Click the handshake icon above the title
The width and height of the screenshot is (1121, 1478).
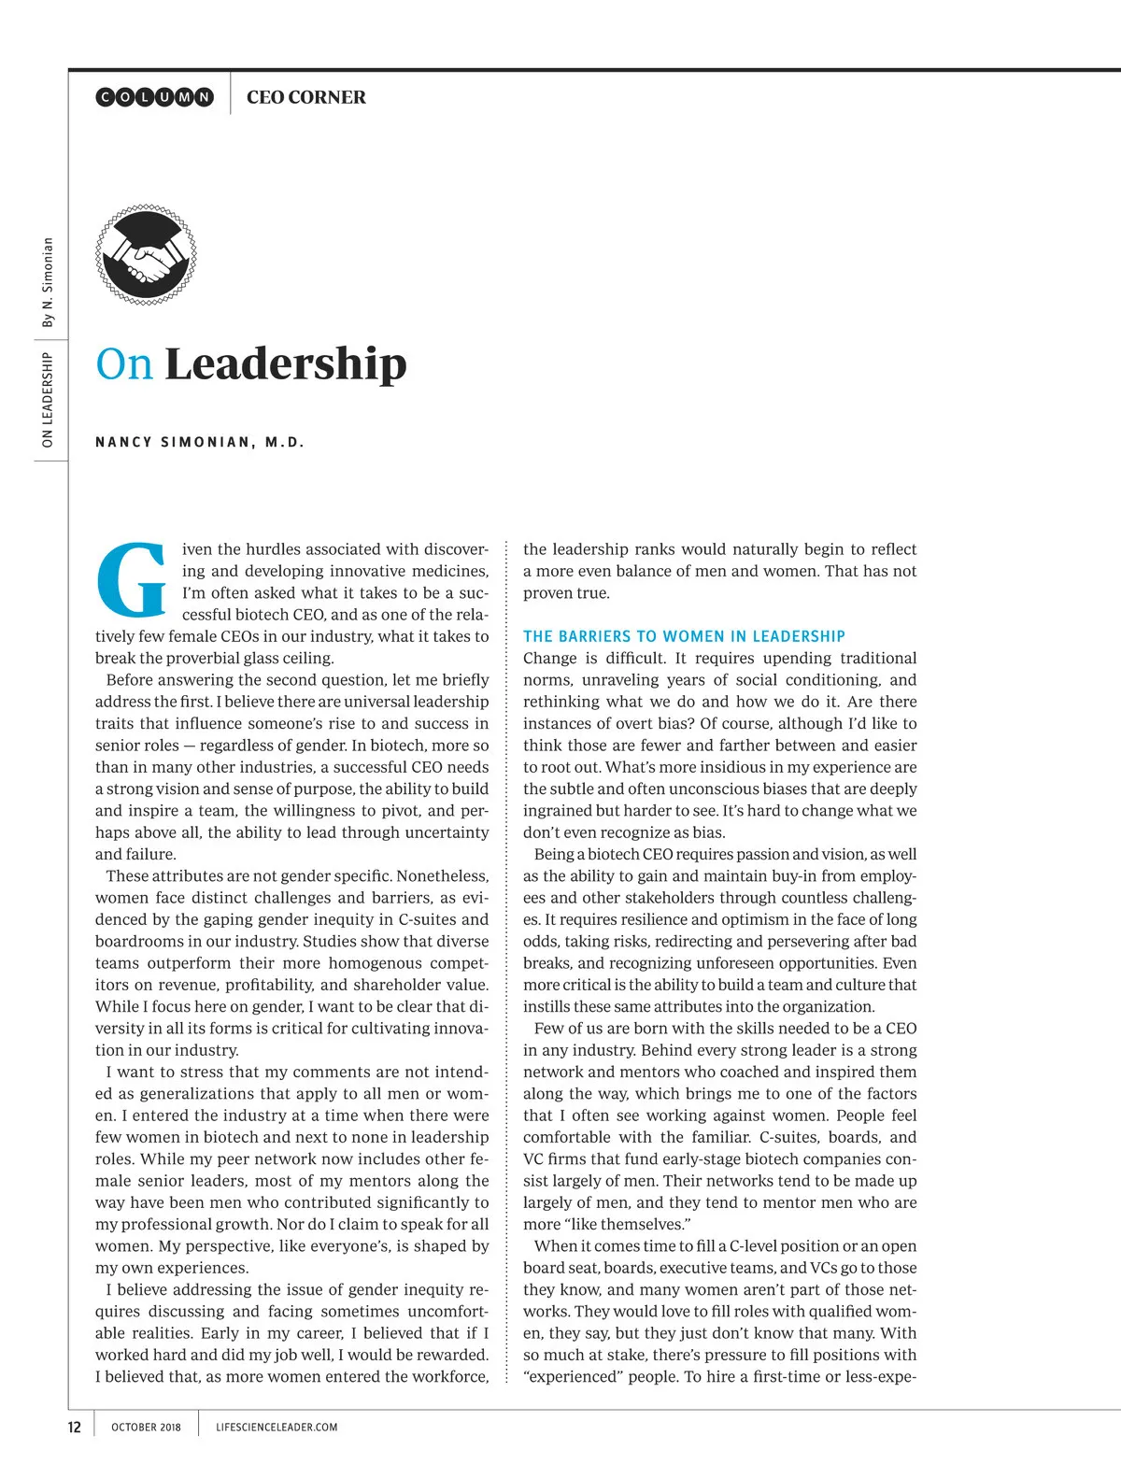click(x=146, y=256)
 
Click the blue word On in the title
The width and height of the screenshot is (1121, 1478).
click(x=124, y=364)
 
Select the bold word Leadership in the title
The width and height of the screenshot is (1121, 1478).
click(x=286, y=364)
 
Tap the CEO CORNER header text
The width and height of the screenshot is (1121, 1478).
click(x=306, y=97)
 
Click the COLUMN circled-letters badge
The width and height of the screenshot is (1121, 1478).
click(x=155, y=97)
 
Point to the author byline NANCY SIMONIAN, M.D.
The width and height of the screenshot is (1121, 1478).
click(x=200, y=442)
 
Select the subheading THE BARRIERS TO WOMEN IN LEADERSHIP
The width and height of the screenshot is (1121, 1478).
click(x=684, y=636)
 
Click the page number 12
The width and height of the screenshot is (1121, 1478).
click(x=75, y=1427)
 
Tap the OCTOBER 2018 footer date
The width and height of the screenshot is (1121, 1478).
click(x=146, y=1427)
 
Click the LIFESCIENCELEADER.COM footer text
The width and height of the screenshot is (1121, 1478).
click(x=277, y=1427)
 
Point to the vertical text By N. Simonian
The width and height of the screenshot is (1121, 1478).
click(x=48, y=282)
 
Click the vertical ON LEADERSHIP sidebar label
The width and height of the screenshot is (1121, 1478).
click(x=48, y=399)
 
